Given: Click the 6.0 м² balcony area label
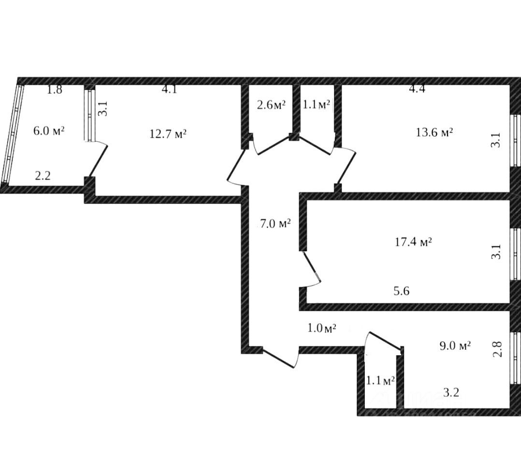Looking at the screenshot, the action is tap(49, 131).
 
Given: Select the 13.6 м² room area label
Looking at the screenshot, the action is tap(434, 132).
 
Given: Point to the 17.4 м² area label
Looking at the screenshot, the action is tap(413, 242).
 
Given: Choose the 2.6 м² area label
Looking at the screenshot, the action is tap(271, 104).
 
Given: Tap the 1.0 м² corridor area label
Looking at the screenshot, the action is tap(322, 328).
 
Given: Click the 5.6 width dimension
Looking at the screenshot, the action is tap(402, 291).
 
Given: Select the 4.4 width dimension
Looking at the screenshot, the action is tap(417, 89).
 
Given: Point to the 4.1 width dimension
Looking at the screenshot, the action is tap(169, 89).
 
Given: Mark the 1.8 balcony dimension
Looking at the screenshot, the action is tap(55, 89).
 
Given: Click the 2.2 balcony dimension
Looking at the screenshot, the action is tap(43, 176).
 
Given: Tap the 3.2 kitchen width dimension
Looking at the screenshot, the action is tap(450, 392).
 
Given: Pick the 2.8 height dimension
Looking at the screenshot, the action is tap(498, 349).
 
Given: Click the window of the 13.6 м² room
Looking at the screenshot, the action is tap(515, 141).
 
